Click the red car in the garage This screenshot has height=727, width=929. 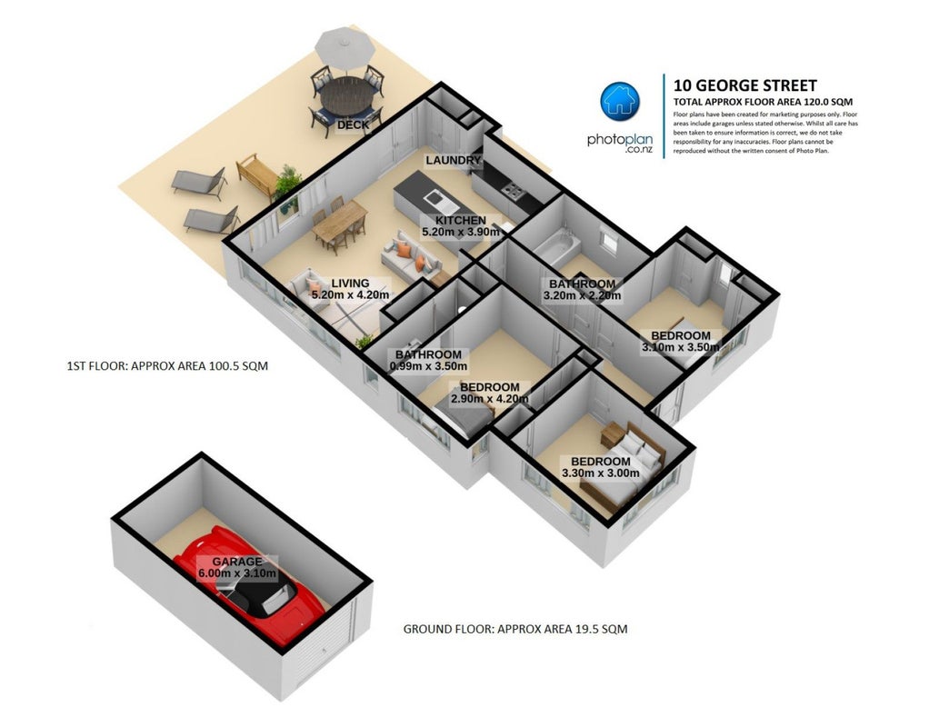coord(249,583)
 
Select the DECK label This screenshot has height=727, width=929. coord(353,125)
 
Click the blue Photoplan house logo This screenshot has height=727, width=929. coord(620,102)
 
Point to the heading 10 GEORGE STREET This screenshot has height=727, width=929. coord(744,86)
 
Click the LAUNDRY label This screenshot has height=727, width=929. coord(453,161)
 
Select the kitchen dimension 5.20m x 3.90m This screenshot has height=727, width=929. coord(460,233)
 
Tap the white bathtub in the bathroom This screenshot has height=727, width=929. coord(554,248)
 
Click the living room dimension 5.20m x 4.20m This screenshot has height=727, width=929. coord(350,295)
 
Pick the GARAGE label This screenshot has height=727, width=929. coord(237,562)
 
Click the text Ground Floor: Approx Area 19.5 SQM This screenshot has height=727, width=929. coord(514,629)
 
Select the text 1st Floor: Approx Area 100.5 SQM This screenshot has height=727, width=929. coord(167,366)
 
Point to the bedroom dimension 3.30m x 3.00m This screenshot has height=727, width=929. coord(600,473)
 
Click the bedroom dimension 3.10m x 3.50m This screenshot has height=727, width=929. coord(680,347)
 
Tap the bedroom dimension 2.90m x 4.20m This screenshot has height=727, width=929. coord(489,399)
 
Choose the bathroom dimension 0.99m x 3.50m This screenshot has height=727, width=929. coord(428,367)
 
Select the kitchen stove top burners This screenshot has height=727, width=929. coord(513,190)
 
